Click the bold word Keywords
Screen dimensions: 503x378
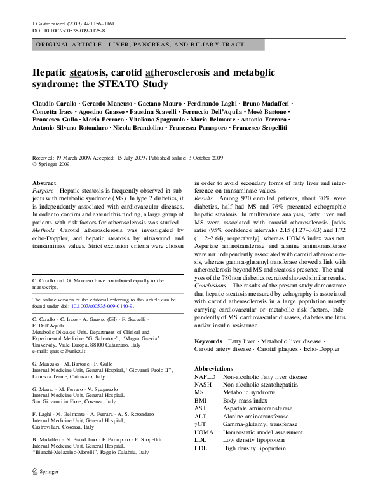(x=208, y=342)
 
